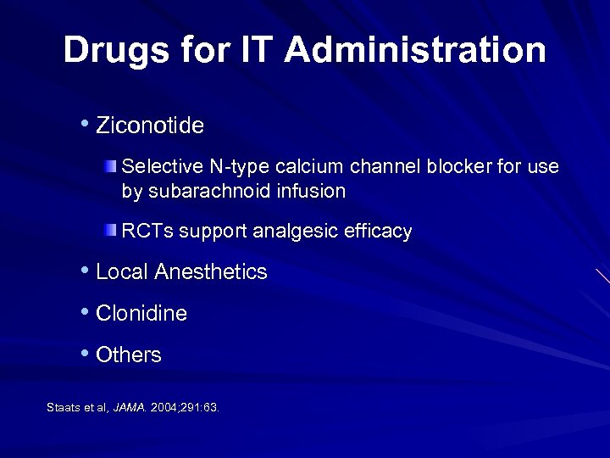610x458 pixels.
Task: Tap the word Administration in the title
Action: tap(415, 51)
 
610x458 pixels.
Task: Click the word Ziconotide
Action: tap(150, 126)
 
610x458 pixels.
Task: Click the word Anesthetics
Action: tap(214, 272)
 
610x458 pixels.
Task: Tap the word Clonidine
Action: tap(141, 314)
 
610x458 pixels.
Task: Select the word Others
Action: tap(129, 355)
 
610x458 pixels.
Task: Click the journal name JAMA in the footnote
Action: tap(130, 408)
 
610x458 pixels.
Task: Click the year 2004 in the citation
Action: tap(165, 408)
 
